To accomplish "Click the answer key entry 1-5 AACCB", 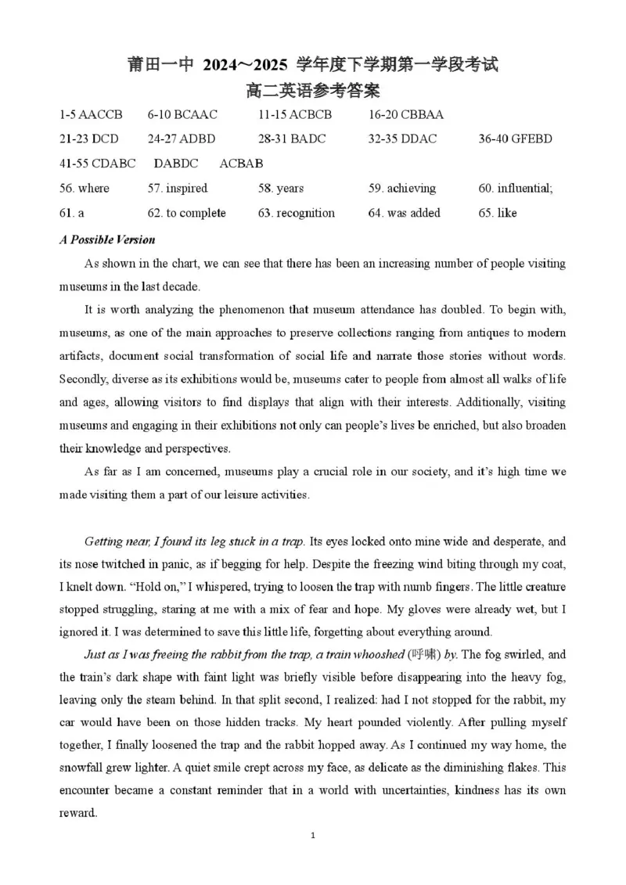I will click(91, 115).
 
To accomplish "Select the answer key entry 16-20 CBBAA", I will click(406, 115).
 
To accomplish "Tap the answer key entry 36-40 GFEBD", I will click(516, 139).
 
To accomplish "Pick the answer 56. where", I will click(85, 189).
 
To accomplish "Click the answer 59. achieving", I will click(402, 189).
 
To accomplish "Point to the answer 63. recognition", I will click(297, 213).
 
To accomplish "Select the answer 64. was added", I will click(405, 213).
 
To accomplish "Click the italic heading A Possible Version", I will click(107, 239).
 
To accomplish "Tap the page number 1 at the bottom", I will click(312, 836).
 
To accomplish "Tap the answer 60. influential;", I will click(516, 189).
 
